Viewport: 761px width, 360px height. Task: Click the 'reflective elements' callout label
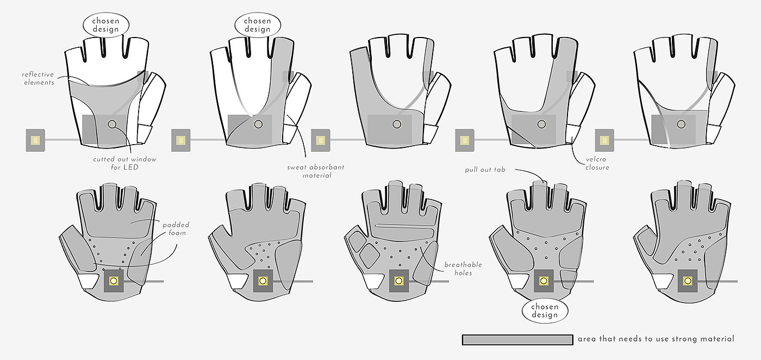[38, 78]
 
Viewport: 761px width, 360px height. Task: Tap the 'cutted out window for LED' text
[124, 163]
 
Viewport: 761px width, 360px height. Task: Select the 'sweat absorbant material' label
[316, 171]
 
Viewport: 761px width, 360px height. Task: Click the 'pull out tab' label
[485, 170]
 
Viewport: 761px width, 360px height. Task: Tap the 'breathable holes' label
[463, 269]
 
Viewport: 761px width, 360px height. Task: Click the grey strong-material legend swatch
[517, 339]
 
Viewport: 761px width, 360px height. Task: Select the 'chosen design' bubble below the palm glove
[545, 311]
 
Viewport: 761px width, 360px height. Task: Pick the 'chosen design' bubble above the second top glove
[258, 25]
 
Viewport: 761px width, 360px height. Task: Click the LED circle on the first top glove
[112, 124]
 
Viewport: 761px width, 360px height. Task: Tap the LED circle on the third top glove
[397, 124]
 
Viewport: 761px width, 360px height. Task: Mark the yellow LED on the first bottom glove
[114, 281]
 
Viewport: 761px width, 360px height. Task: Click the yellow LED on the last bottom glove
[688, 281]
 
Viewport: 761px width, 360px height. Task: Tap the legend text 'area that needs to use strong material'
[656, 339]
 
